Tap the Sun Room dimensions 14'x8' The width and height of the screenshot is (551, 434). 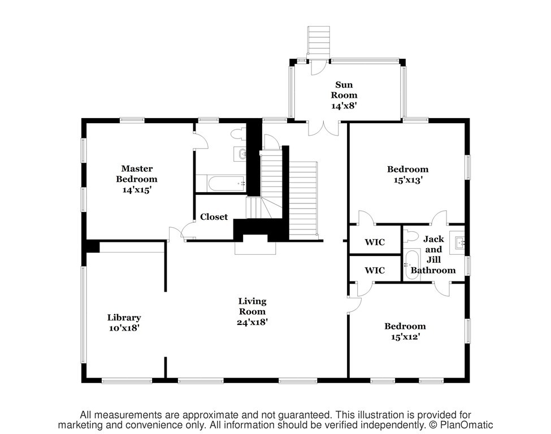pos(344,106)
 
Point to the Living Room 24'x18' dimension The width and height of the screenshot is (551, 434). pos(252,322)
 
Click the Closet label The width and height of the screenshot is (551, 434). pos(214,217)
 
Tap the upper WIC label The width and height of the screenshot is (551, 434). pos(375,242)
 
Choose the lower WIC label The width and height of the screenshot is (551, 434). pos(375,270)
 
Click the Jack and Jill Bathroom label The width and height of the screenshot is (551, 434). pos(433,254)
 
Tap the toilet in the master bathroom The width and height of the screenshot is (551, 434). pos(238,134)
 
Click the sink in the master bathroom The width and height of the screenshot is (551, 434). pos(240,154)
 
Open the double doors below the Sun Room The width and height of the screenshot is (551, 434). pos(324,128)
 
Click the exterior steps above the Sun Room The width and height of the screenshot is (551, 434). pos(319,42)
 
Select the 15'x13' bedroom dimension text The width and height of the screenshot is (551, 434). pos(408,180)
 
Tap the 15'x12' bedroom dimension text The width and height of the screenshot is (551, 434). pos(406,337)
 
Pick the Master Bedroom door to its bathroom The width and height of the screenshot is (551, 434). pos(200,141)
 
